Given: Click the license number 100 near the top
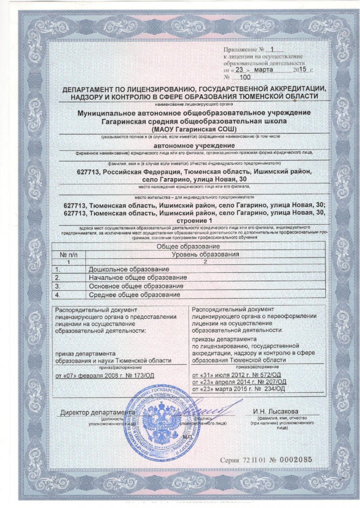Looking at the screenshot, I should pyautogui.click(x=245, y=77).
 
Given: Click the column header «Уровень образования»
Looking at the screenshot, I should pyautogui.click(x=205, y=254).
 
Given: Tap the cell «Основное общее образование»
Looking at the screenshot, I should pyautogui.click(x=136, y=286).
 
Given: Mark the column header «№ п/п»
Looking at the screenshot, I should pyautogui.click(x=69, y=254).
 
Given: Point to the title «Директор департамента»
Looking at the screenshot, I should pyautogui.click(x=97, y=412).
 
